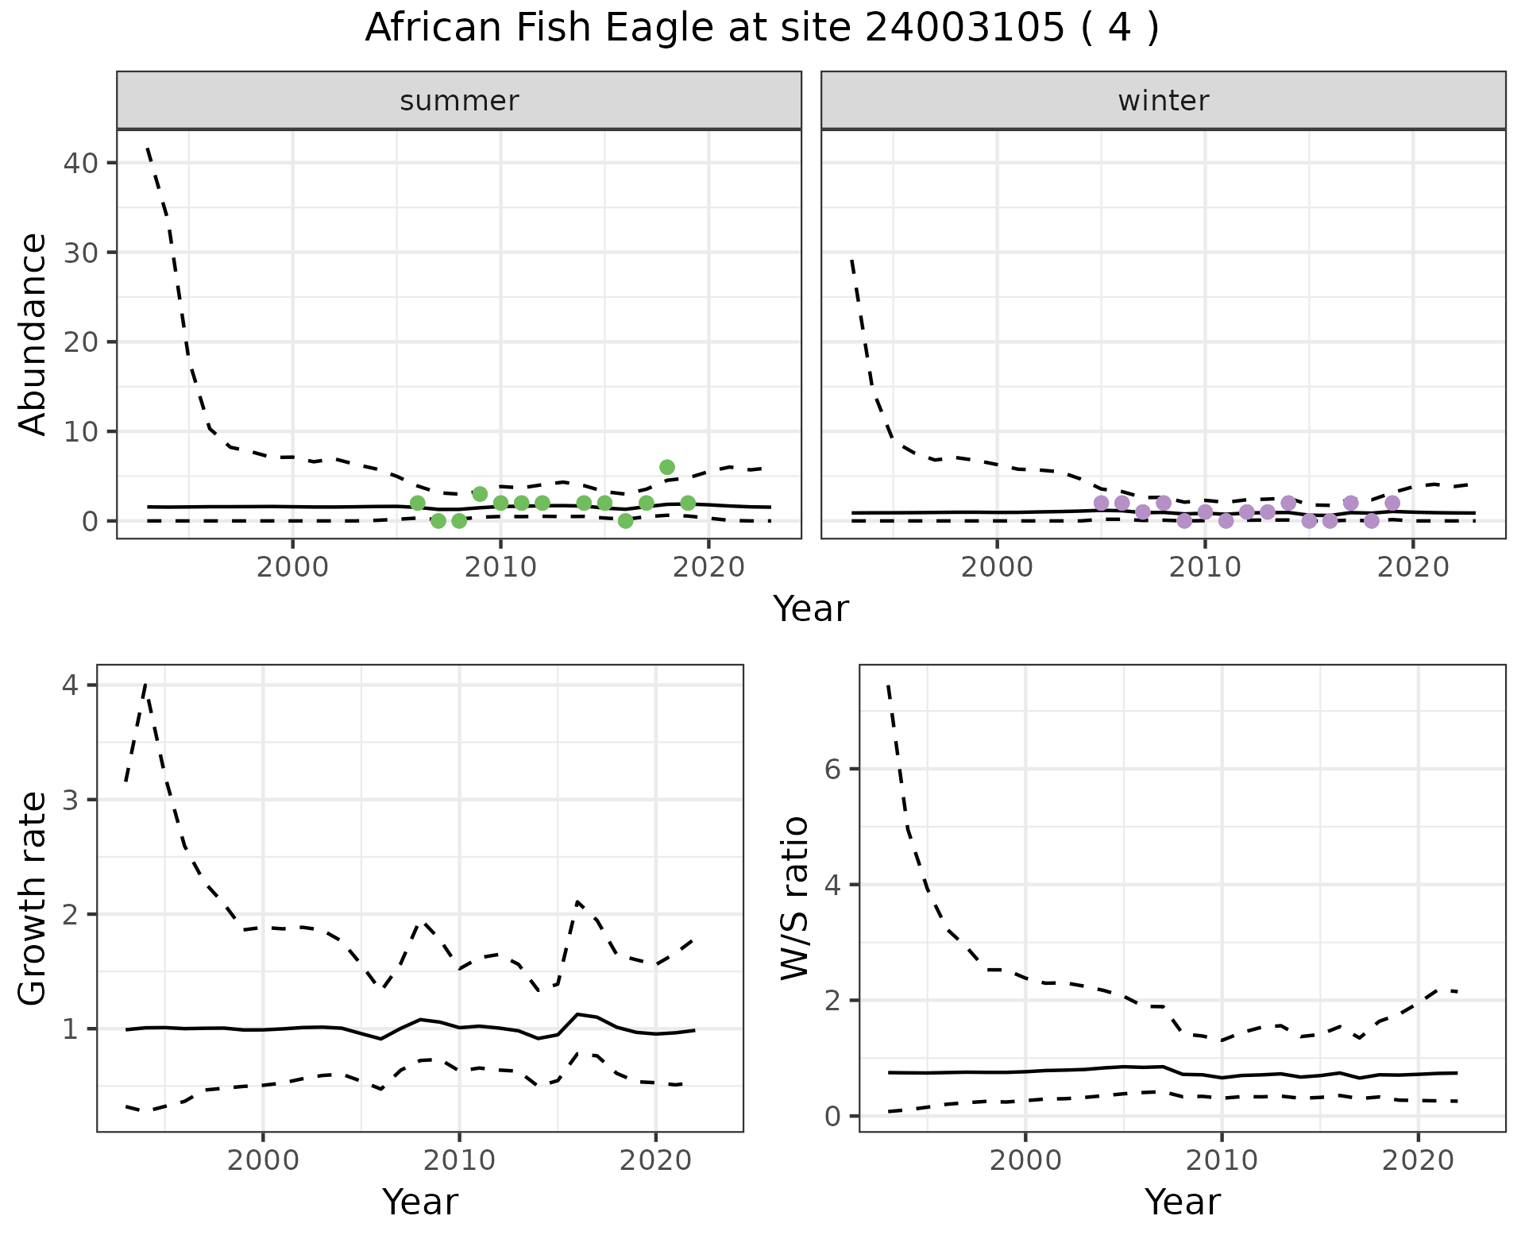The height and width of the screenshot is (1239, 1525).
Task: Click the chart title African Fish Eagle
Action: point(761,29)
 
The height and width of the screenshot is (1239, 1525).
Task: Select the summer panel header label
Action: point(459,101)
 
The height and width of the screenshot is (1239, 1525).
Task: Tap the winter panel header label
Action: point(1163,101)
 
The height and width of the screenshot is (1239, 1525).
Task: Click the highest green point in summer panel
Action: point(667,467)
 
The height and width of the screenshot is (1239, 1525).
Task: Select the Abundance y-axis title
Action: point(33,334)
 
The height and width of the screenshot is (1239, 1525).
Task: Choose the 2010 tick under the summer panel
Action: point(500,567)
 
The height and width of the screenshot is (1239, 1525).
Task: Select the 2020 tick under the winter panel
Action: point(1413,567)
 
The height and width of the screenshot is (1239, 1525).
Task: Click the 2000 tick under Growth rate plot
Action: point(263,1160)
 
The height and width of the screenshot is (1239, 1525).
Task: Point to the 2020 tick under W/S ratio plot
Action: point(1419,1160)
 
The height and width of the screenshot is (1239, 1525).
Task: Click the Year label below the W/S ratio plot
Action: point(1182,1202)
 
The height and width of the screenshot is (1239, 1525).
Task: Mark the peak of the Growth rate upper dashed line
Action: point(145,684)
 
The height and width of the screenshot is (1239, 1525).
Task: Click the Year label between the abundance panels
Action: point(810,609)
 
